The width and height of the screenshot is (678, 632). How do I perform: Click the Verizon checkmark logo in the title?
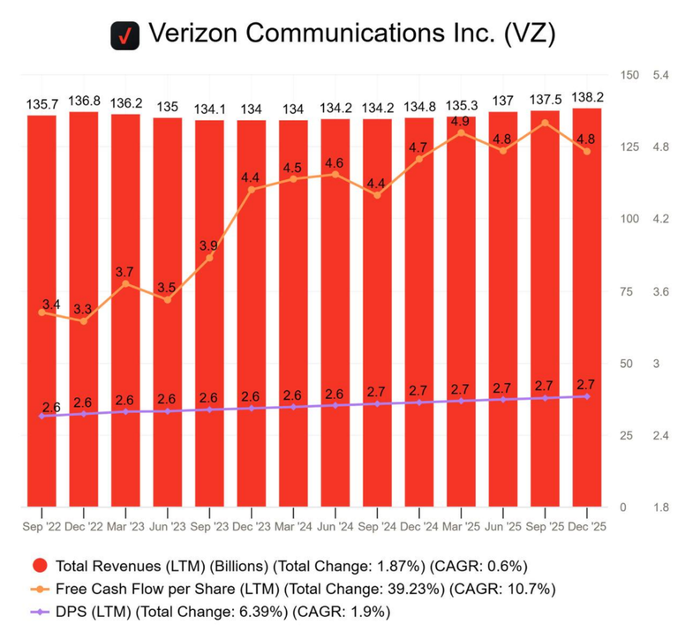[x=125, y=35]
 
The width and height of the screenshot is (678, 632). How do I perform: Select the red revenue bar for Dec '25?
[x=587, y=307]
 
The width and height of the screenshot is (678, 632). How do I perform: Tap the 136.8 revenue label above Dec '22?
[x=84, y=102]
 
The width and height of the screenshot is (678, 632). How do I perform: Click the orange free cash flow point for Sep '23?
[x=209, y=258]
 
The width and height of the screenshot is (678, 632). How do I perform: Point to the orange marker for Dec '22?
[x=84, y=321]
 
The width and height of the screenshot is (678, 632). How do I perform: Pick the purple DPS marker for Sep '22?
[x=42, y=416]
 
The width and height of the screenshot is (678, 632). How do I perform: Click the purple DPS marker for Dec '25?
[x=587, y=396]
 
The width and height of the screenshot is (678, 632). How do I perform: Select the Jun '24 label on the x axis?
[x=335, y=527]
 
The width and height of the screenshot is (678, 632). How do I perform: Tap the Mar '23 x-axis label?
[x=125, y=527]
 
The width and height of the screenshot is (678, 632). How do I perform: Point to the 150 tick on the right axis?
[x=629, y=75]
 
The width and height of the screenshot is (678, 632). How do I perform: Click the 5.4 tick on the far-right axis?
[x=660, y=75]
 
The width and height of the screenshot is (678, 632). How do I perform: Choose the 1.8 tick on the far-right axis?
[x=660, y=507]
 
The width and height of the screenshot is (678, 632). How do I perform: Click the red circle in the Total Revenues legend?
[x=40, y=566]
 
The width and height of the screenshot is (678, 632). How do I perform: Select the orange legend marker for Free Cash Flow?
[x=40, y=589]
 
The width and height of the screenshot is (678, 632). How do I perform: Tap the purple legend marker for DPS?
[x=40, y=612]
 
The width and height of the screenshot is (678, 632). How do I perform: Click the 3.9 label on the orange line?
[x=208, y=246]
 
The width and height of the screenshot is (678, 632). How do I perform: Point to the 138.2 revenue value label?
[x=587, y=97]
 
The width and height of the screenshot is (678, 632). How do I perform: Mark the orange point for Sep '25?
[x=545, y=124]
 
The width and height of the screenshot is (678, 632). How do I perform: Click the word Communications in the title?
[x=345, y=33]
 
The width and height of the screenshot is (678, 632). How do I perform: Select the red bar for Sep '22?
[x=42, y=311]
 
